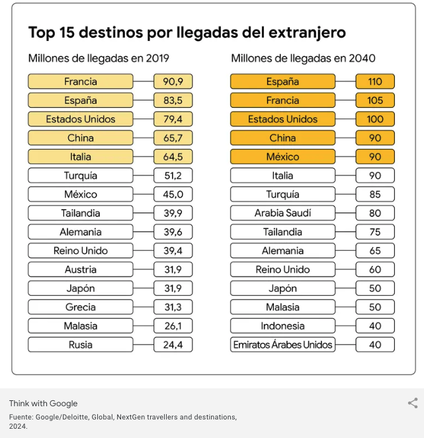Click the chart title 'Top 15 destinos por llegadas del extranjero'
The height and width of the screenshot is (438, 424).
(x=187, y=32)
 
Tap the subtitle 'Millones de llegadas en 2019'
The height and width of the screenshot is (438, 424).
(x=99, y=58)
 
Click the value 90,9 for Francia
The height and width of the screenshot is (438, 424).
(x=173, y=82)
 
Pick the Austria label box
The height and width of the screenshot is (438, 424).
(x=81, y=270)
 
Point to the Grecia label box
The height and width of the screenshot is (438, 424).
(x=81, y=308)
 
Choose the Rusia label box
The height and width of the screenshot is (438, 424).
(x=81, y=345)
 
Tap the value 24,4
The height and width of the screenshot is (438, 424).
(x=173, y=345)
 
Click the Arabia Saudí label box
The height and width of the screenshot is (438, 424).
(x=283, y=214)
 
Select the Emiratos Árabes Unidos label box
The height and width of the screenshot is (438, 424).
(x=283, y=345)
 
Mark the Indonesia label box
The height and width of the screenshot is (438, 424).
(x=283, y=326)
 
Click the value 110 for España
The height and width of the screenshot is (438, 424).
(x=375, y=82)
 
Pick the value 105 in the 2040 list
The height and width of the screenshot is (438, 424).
(x=375, y=101)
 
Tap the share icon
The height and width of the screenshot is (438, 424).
(x=413, y=403)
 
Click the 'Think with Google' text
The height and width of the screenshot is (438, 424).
(x=43, y=404)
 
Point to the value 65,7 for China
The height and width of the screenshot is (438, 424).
(x=173, y=138)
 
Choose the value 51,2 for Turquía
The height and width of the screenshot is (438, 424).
(x=173, y=176)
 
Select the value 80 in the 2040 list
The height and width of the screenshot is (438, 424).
(x=375, y=214)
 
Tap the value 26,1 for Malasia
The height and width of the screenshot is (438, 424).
(x=173, y=326)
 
